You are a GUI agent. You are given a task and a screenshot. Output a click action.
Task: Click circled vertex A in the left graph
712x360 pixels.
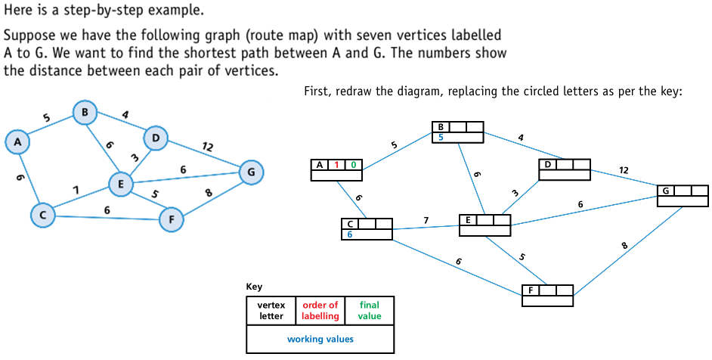tap(17, 141)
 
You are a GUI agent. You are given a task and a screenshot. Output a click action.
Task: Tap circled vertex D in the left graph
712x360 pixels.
tap(155, 138)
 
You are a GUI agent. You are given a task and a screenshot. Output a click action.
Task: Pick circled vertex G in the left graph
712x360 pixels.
tap(251, 172)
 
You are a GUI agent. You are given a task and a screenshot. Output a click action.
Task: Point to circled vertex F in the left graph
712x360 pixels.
tap(172, 220)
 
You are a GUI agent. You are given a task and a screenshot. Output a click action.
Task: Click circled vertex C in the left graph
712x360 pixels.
tap(42, 216)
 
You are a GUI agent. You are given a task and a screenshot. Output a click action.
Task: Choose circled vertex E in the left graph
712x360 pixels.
tap(120, 184)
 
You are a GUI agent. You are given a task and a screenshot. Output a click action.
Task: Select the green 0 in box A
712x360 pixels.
tap(353, 165)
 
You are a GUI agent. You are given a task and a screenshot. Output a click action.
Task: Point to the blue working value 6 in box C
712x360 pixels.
tap(350, 234)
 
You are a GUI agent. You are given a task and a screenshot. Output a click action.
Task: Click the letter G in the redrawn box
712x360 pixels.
tap(666, 191)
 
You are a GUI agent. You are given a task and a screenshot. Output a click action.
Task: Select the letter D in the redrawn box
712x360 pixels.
tap(547, 164)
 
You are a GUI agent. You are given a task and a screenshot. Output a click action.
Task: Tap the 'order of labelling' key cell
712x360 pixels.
tap(320, 311)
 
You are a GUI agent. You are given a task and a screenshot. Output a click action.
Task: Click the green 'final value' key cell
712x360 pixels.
tap(370, 311)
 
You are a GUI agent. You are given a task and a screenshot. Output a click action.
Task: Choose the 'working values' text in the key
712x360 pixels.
tap(320, 339)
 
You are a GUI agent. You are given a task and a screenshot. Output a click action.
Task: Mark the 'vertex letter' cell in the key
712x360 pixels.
tap(271, 311)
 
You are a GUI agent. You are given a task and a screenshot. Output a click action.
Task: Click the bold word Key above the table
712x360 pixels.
tap(254, 287)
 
